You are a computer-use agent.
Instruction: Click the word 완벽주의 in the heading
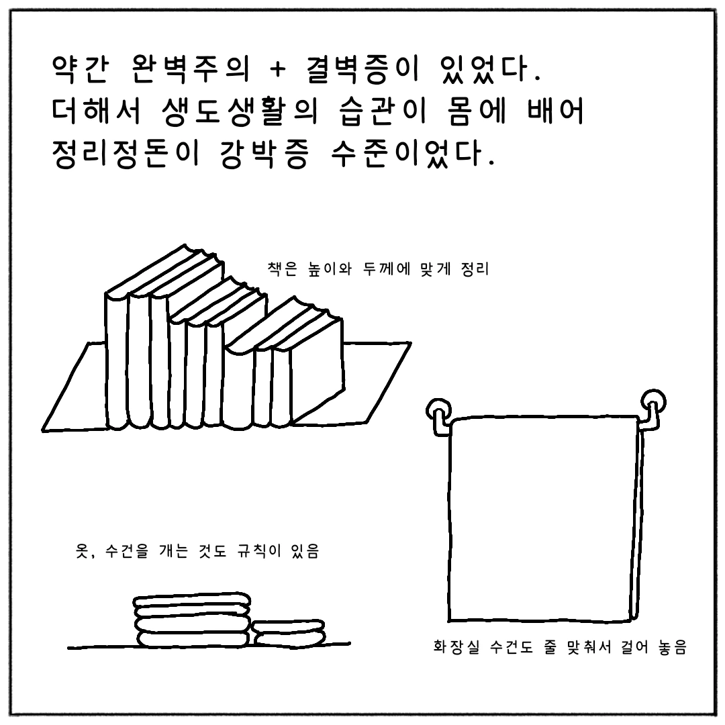coord(191,69)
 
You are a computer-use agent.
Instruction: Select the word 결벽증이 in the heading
coord(363,69)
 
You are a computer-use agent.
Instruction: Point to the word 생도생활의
coord(240,111)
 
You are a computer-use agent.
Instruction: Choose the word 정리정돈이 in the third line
coord(126,152)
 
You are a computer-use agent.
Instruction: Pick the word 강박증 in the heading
coord(262,152)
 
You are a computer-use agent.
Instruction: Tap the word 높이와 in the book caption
coord(330,269)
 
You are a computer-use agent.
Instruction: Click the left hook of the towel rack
coord(438,416)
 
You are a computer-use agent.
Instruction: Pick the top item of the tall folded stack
coord(192,600)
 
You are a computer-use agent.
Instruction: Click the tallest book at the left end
coord(117,358)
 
